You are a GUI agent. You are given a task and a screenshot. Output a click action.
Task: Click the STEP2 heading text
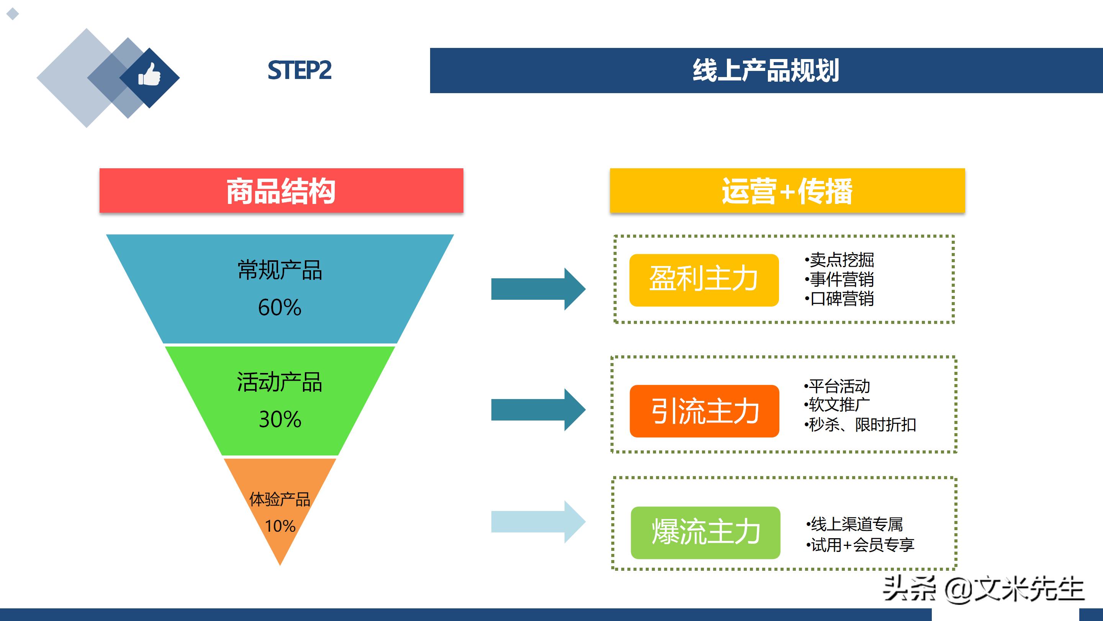click(299, 71)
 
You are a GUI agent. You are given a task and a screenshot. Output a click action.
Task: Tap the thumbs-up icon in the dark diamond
click(149, 75)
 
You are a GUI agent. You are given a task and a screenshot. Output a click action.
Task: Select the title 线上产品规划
click(766, 71)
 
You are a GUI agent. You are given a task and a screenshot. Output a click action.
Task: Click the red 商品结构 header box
click(281, 191)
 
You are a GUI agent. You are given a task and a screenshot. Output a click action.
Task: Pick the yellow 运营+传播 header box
click(787, 191)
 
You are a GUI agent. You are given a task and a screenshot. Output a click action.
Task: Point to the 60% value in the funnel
click(280, 307)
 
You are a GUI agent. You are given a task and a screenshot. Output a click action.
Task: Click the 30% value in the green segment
click(280, 419)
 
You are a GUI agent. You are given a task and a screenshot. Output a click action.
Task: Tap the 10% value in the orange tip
click(280, 526)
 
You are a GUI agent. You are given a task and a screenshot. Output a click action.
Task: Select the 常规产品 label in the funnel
click(280, 270)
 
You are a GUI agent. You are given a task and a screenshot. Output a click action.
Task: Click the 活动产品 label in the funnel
click(280, 382)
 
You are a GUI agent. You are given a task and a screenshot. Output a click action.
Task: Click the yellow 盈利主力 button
click(704, 280)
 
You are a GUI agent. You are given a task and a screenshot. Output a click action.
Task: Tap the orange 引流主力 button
click(704, 411)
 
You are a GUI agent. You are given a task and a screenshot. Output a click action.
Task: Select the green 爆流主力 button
click(705, 532)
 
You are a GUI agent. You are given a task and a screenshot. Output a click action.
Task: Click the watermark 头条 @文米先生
click(983, 589)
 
